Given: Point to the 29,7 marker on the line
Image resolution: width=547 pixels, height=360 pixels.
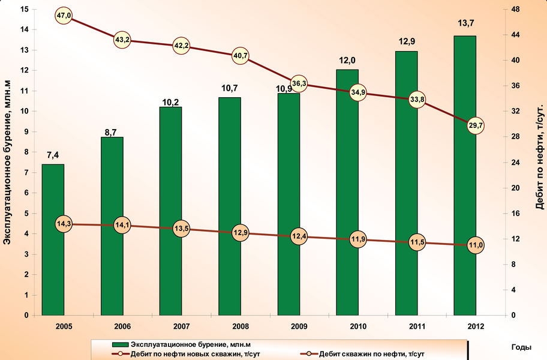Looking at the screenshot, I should (x=476, y=126).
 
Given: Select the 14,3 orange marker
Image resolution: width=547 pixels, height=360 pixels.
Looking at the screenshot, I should (x=64, y=224).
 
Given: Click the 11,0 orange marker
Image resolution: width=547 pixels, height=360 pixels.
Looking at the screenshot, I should (x=476, y=245).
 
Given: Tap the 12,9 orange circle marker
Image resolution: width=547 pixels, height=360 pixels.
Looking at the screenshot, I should (x=240, y=232).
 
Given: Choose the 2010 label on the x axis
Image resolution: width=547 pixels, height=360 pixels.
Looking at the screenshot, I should (x=358, y=326).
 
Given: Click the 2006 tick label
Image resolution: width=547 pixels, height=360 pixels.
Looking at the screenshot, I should (x=122, y=326).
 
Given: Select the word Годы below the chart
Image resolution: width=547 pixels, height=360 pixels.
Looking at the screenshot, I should (x=521, y=347).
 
